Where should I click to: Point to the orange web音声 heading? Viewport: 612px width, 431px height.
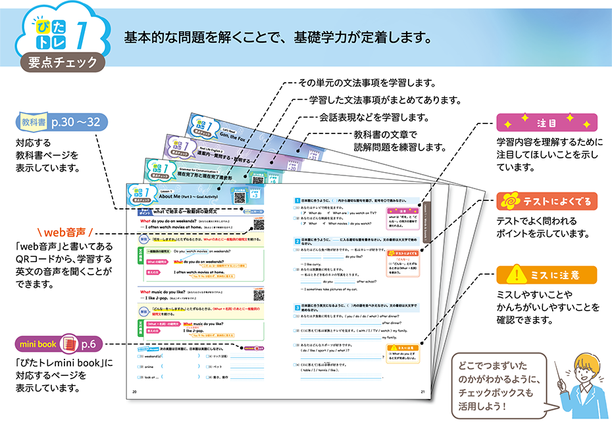64,232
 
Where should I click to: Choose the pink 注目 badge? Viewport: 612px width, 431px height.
546,123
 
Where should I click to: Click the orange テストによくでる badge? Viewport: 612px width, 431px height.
546,201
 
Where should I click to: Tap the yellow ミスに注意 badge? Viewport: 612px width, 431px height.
546,274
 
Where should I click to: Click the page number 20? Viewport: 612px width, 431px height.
135,392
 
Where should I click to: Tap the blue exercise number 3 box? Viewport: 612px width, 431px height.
297,306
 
